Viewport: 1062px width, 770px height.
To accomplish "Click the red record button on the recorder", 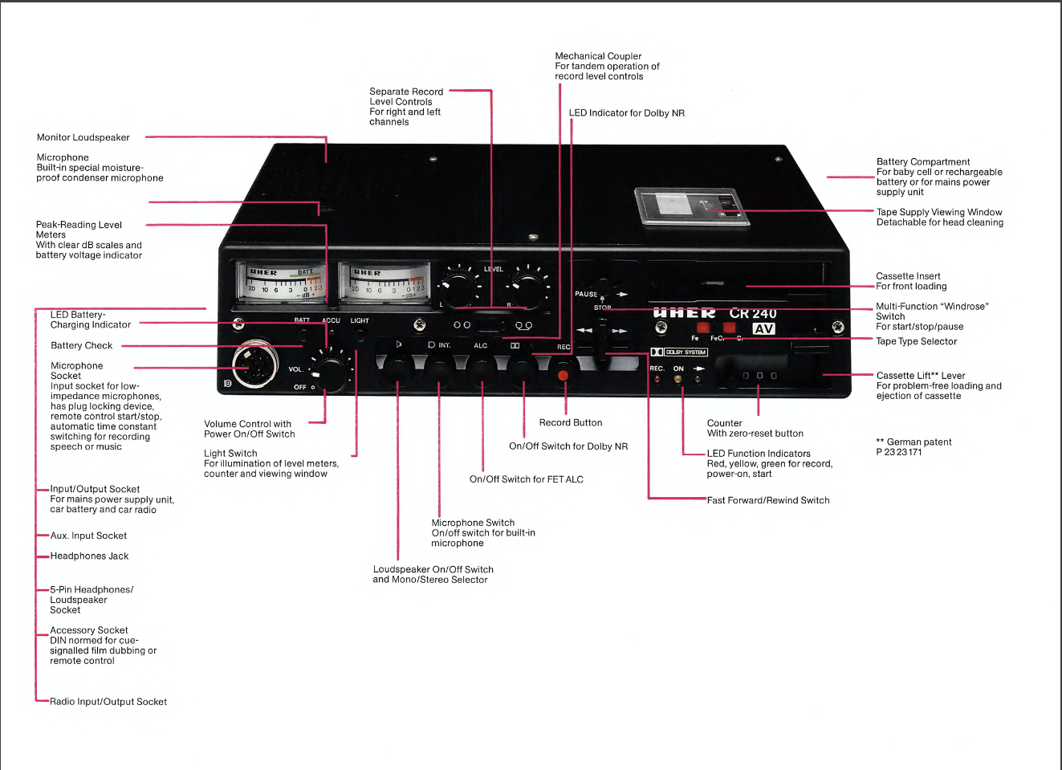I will click(x=563, y=375).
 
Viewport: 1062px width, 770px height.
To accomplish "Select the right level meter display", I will click(x=385, y=282).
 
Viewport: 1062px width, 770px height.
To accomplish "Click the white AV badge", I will click(x=763, y=328).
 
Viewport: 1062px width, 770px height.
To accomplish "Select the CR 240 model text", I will click(x=753, y=313).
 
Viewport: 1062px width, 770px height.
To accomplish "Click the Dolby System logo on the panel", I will click(x=679, y=352).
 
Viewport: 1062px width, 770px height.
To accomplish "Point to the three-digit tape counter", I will click(x=759, y=375).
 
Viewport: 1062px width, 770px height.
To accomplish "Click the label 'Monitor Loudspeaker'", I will click(x=83, y=137).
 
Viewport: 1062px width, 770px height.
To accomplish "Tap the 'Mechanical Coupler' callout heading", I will click(x=598, y=56).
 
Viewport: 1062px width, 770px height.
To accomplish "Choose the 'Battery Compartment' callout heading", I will click(x=923, y=161).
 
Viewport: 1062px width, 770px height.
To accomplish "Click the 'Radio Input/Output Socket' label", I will click(x=108, y=702).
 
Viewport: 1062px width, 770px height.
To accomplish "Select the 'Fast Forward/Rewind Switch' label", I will click(x=768, y=500).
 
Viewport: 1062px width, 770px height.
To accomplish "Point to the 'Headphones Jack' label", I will click(x=89, y=556).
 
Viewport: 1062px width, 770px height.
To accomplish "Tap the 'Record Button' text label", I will click(x=571, y=422).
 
